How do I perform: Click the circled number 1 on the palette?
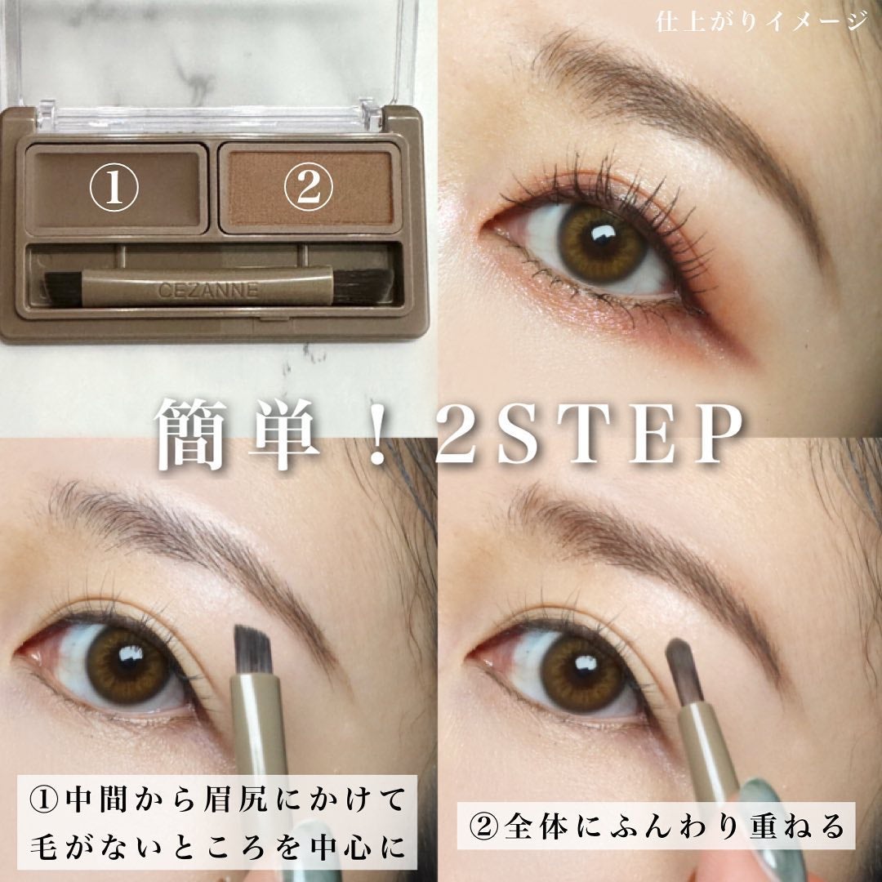point(114,187)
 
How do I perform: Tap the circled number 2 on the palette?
point(308,187)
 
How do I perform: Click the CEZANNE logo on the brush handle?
point(208,290)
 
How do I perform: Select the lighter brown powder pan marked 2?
point(310,187)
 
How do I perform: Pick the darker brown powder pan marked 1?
point(116,189)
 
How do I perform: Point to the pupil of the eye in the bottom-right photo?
point(582,670)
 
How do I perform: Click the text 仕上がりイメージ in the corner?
point(761,22)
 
